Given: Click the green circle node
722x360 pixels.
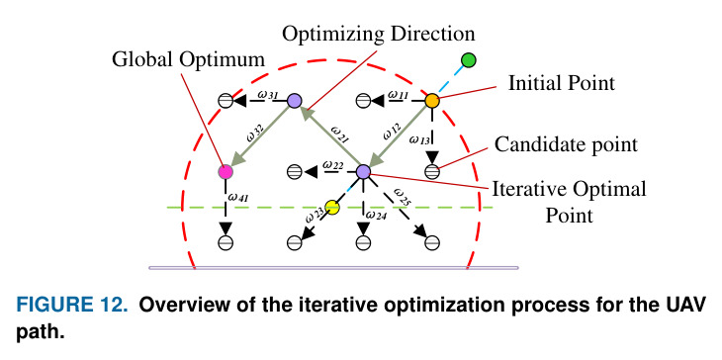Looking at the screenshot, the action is [x=468, y=60].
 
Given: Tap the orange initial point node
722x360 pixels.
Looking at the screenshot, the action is [x=432, y=100].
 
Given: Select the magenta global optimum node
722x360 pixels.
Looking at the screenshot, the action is [x=226, y=172].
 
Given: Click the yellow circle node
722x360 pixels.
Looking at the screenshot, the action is [x=332, y=208].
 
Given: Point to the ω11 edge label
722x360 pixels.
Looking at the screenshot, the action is [x=398, y=95].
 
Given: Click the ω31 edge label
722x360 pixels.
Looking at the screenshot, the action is [x=267, y=95].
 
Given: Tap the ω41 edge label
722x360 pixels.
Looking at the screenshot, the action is [x=238, y=198].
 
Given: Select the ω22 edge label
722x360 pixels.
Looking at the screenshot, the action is [x=333, y=165].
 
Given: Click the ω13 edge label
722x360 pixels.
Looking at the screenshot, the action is [x=419, y=140].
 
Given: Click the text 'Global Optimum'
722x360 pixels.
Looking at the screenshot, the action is [x=188, y=60].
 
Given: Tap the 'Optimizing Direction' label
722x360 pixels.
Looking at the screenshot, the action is [x=378, y=35].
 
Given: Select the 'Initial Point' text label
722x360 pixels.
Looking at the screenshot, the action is [x=562, y=84].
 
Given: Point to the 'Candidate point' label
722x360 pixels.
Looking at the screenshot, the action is [x=567, y=145].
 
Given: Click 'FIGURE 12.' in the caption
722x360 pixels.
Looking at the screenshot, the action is [x=72, y=306].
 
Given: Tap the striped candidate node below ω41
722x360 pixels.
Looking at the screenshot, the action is [x=226, y=242].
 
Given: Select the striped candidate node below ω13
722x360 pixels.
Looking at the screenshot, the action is [x=432, y=172].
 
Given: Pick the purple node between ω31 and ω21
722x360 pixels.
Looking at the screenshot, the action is [x=294, y=100].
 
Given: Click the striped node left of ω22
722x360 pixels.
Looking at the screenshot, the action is [x=294, y=172].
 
